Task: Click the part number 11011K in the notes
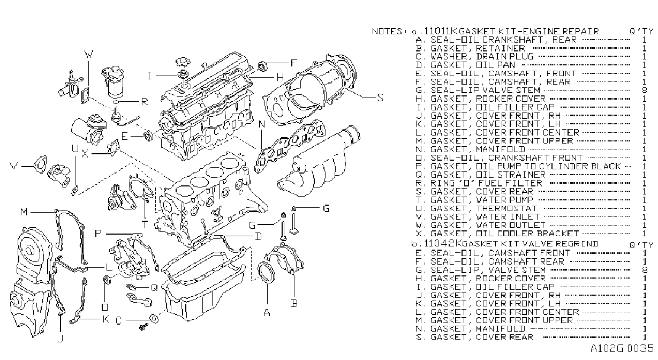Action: click(x=441, y=31)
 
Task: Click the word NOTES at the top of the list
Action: click(x=387, y=31)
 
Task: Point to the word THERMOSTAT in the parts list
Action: click(x=506, y=208)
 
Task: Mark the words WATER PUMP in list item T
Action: click(x=504, y=200)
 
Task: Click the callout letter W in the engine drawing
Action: click(x=88, y=54)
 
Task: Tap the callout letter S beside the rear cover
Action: click(x=380, y=97)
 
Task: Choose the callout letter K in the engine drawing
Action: click(x=106, y=319)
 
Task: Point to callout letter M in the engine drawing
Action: click(x=24, y=212)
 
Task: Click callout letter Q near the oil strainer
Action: click(x=154, y=287)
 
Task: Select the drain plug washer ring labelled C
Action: click(x=154, y=319)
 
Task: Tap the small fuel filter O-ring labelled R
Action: click(x=116, y=102)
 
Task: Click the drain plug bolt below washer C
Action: click(x=143, y=326)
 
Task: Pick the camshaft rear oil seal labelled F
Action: click(x=262, y=66)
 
